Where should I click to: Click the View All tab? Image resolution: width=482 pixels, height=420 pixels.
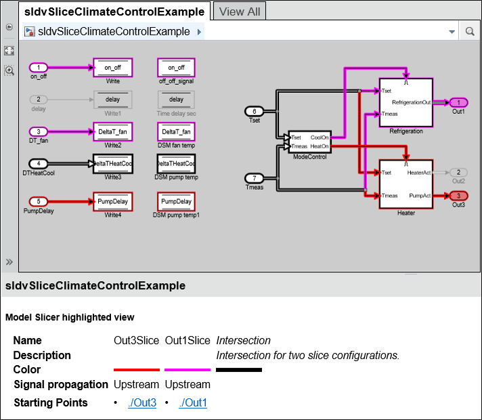240,12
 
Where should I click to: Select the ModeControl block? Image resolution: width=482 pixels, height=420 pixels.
309,142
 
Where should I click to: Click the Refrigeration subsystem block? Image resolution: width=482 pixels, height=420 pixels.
406,102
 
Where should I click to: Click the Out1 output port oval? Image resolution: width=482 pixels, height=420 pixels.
458,102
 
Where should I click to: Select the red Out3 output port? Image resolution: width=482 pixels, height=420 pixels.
458,196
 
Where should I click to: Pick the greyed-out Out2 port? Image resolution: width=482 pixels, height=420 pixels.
458,173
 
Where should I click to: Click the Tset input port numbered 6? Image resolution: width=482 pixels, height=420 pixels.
254,111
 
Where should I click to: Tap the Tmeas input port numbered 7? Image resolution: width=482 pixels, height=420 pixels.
254,177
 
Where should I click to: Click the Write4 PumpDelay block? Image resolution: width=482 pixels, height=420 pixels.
112,201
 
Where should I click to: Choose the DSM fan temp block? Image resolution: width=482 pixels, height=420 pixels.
176,131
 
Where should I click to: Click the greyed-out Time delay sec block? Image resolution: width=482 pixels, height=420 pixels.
176,100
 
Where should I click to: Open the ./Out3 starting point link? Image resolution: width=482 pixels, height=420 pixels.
142,403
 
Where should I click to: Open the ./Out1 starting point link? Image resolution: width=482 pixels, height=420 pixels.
193,403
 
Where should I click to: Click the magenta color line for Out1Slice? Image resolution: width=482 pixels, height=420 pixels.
188,370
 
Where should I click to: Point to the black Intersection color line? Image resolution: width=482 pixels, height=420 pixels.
238,370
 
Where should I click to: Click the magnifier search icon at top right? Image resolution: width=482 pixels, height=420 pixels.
469,32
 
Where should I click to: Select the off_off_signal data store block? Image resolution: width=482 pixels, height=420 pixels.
176,68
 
